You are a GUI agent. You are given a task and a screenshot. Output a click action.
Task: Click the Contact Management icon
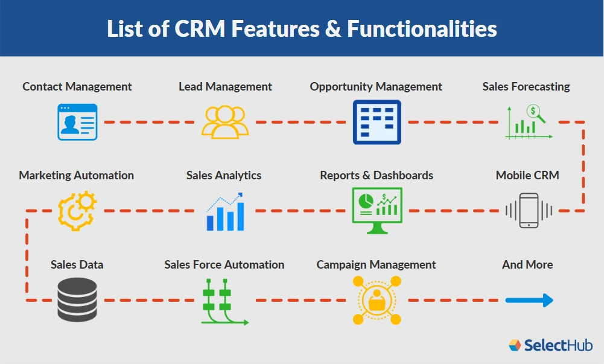click(77, 122)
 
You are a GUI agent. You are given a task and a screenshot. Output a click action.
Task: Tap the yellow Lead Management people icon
click(225, 122)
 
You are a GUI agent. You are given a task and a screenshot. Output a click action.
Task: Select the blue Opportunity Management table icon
click(377, 122)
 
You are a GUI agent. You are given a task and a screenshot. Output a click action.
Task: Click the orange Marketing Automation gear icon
click(77, 211)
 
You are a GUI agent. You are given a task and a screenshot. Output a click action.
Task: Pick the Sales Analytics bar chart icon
click(224, 211)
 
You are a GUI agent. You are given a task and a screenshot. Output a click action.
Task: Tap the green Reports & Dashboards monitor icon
click(377, 211)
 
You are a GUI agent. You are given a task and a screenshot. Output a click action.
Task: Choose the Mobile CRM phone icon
click(529, 210)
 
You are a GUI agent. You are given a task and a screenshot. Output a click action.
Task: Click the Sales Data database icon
click(77, 300)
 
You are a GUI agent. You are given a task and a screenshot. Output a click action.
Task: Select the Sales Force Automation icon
click(223, 301)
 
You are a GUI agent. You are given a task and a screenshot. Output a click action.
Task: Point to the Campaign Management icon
click(377, 300)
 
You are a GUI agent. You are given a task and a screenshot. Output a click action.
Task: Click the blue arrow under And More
click(529, 300)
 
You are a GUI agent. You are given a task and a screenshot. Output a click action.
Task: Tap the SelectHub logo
click(550, 345)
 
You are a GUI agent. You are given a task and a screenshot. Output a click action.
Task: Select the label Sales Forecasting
click(526, 86)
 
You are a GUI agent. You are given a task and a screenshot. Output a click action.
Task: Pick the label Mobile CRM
click(527, 175)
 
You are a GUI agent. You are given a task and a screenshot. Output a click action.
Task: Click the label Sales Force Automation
click(224, 264)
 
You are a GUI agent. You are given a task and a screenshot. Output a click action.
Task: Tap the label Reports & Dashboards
click(377, 175)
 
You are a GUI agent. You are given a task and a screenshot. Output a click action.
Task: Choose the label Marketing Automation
click(77, 175)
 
